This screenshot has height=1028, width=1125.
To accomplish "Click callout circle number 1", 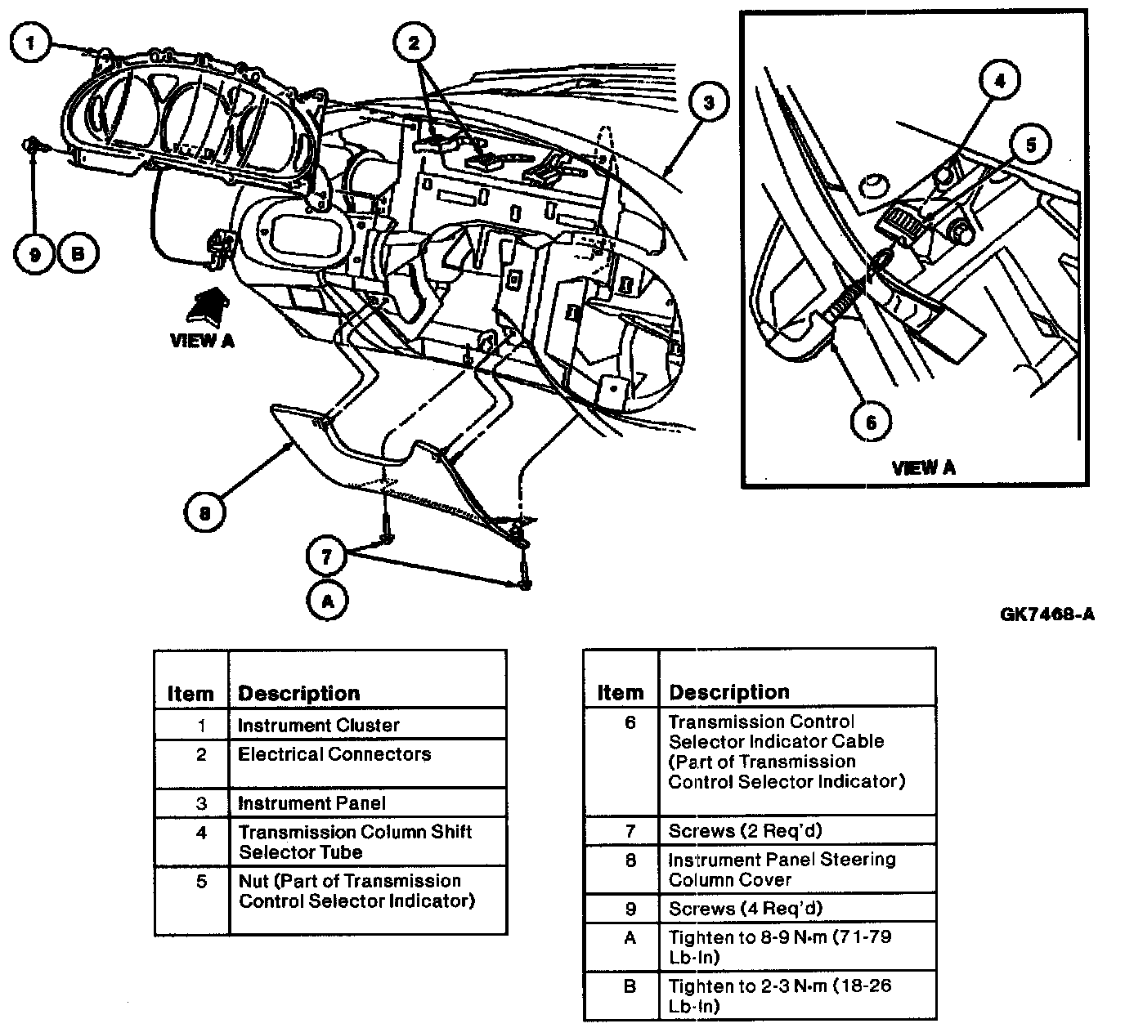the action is point(31,42).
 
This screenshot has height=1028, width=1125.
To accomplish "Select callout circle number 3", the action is point(709,103).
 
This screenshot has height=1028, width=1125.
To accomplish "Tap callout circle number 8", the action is point(204,512).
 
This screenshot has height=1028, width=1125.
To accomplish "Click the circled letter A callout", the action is point(328,601).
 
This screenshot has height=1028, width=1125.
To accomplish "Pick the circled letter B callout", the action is point(78,253).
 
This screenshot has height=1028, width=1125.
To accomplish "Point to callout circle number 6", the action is point(871,422).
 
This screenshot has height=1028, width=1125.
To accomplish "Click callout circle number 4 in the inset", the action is point(1000,81).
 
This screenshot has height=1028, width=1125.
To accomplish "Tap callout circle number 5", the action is point(1031,145).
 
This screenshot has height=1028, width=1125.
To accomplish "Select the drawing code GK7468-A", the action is point(1047,615).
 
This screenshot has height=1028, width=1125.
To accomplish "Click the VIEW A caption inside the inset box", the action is point(923,467).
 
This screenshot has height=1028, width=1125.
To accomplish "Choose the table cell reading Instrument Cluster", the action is point(368,724).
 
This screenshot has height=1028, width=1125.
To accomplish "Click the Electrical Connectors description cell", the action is point(368,763).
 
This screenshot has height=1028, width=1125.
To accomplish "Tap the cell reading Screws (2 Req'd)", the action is point(797,830).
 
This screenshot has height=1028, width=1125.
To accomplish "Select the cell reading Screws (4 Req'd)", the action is point(797,908).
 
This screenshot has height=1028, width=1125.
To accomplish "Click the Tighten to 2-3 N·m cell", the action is point(797,995).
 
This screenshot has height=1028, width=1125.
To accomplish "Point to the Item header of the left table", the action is point(190,693).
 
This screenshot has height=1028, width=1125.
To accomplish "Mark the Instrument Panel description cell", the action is point(368,802).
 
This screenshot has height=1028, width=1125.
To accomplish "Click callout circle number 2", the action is point(414,42).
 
